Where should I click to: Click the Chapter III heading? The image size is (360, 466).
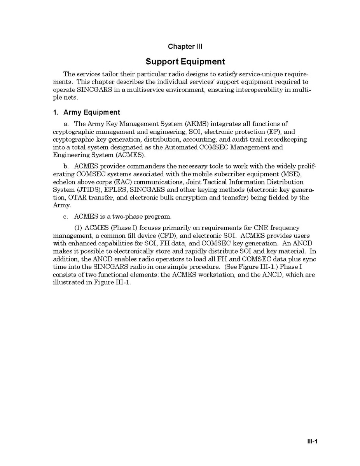(x=185, y=47)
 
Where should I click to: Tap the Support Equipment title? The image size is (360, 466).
(x=185, y=61)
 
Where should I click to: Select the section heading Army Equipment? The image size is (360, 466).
(x=87, y=112)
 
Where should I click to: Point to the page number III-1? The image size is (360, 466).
(x=311, y=441)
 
